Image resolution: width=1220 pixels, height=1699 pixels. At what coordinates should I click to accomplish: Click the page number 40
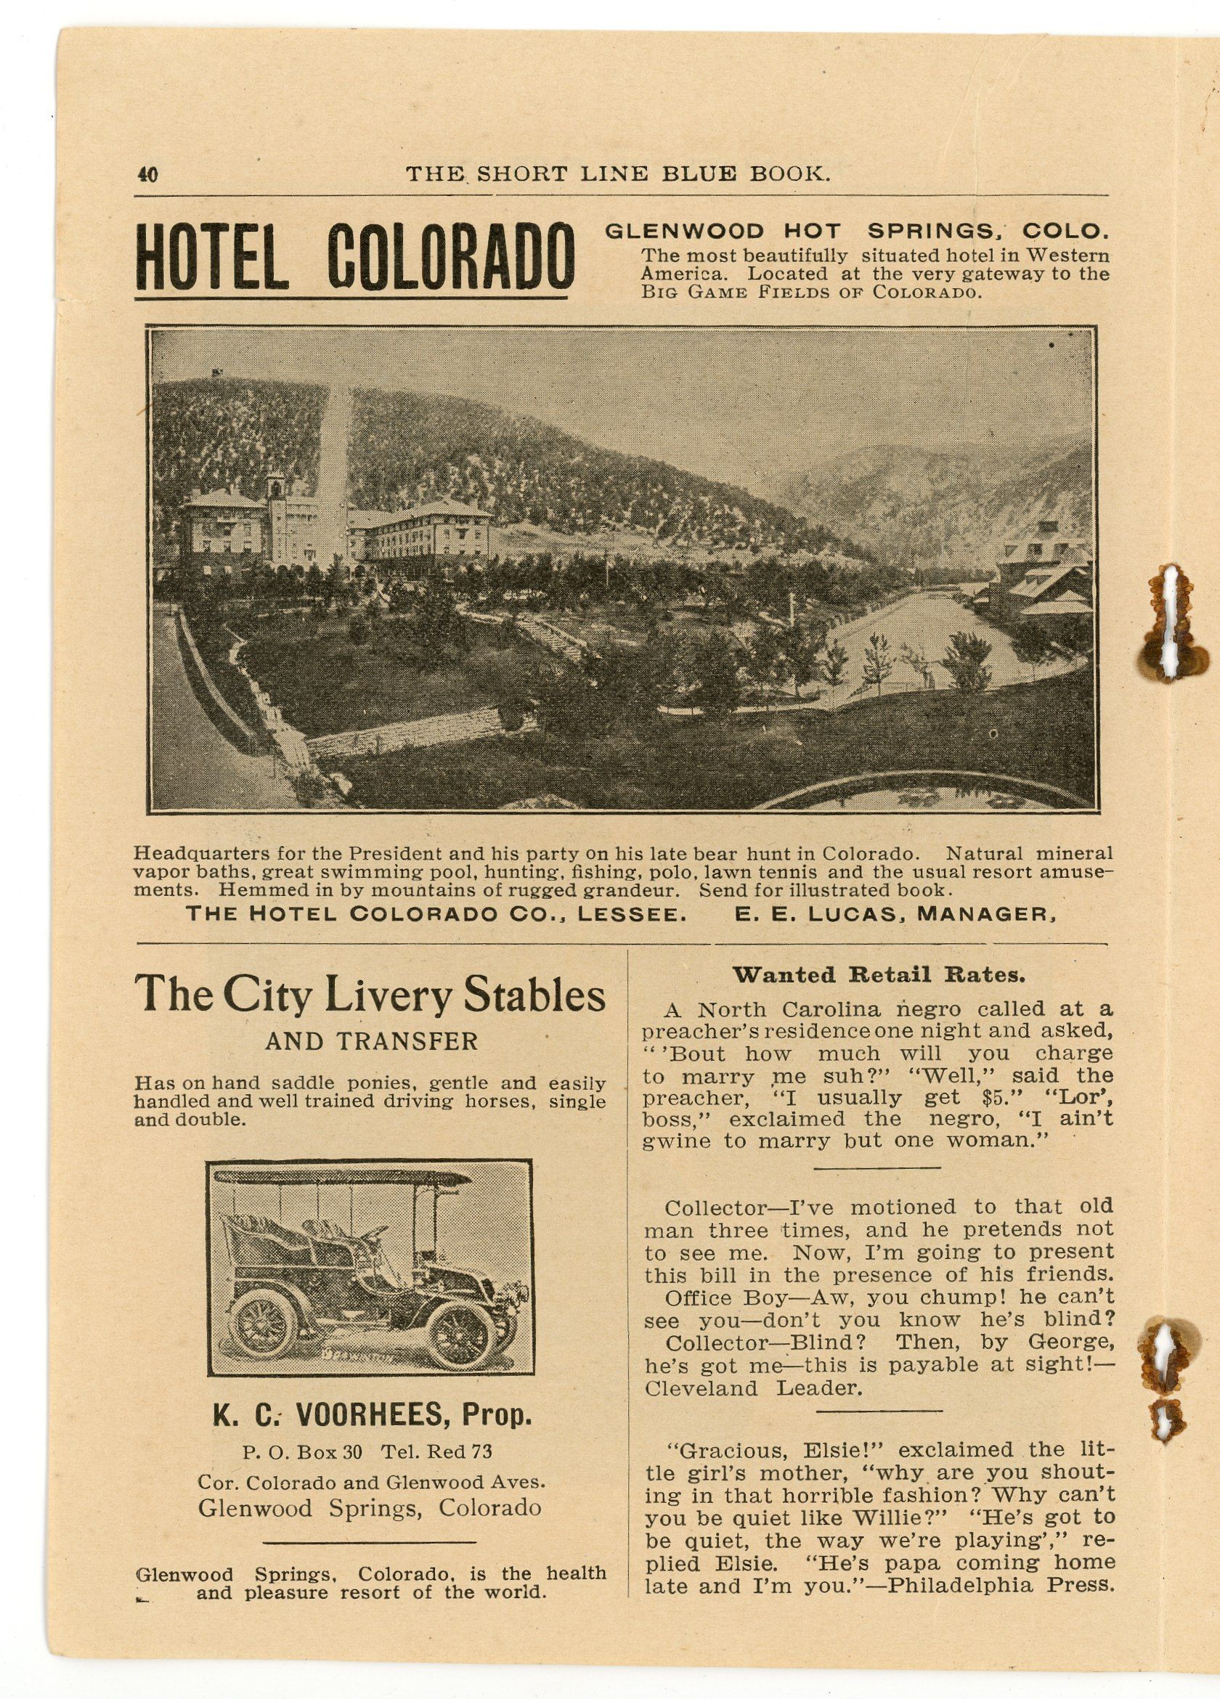[x=147, y=175]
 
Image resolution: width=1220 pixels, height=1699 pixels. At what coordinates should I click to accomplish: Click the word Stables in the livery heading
[x=534, y=995]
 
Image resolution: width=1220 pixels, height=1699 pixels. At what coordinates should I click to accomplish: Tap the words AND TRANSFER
[x=372, y=1041]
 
